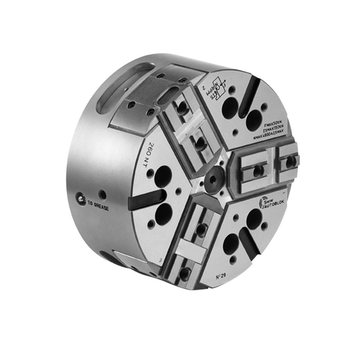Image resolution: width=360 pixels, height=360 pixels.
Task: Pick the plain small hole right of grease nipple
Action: (x=103, y=195)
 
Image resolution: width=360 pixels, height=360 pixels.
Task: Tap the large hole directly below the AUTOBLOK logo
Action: (x=254, y=218)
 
